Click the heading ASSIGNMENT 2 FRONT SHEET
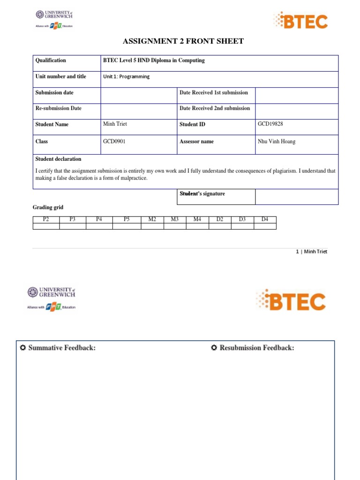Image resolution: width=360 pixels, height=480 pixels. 183,41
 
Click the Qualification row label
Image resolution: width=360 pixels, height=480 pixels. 51,60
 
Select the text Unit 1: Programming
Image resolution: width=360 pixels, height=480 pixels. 126,76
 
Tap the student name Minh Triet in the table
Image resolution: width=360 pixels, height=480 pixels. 115,124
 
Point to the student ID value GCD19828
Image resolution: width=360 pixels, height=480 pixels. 270,124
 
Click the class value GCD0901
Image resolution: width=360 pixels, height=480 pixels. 114,142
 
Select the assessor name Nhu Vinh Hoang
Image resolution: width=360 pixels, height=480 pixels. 277,142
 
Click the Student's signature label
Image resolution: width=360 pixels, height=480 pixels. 202,194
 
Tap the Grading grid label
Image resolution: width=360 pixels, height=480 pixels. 48,207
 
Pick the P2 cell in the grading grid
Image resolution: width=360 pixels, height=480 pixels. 46,219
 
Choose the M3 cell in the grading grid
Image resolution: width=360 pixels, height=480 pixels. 175,219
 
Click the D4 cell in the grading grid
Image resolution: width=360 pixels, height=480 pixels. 265,219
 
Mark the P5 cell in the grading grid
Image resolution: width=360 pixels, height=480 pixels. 127,219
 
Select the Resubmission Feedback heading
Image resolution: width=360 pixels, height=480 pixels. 253,348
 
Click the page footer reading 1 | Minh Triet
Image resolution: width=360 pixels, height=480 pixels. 311,252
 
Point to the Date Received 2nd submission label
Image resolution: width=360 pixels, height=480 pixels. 215,108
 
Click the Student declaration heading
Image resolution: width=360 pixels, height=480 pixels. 58,159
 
